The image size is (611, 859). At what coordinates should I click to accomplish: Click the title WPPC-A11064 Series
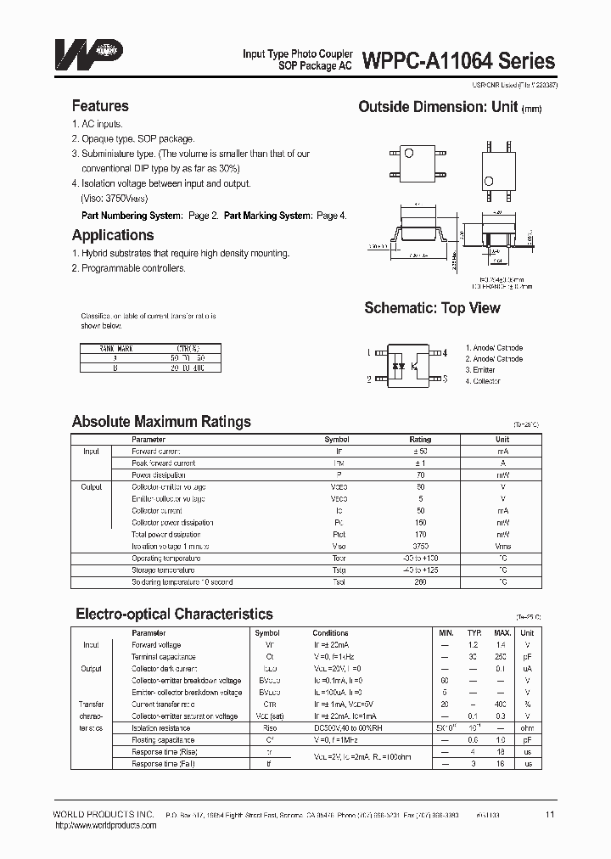[459, 60]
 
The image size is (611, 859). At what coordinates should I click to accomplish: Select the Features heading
[100, 106]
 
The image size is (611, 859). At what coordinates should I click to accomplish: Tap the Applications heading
[113, 235]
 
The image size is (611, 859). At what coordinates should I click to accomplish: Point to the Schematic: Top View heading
[432, 308]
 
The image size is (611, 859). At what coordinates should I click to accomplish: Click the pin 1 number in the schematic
[369, 351]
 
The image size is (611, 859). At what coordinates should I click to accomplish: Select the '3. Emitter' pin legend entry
[480, 370]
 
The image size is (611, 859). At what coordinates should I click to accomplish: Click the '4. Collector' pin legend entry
[483, 381]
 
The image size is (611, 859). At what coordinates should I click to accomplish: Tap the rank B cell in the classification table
[115, 368]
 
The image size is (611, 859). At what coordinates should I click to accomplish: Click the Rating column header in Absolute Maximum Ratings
[420, 440]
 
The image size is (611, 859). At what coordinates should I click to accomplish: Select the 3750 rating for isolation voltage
[420, 547]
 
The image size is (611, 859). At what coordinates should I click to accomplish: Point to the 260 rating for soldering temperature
[420, 582]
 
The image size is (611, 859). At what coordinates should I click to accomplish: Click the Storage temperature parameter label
[165, 570]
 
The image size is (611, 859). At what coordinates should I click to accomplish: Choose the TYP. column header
[476, 633]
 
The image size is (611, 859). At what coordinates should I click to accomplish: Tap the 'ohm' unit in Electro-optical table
[527, 728]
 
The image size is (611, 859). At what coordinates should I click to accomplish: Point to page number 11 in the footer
[550, 815]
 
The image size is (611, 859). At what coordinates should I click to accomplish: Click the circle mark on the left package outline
[407, 153]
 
